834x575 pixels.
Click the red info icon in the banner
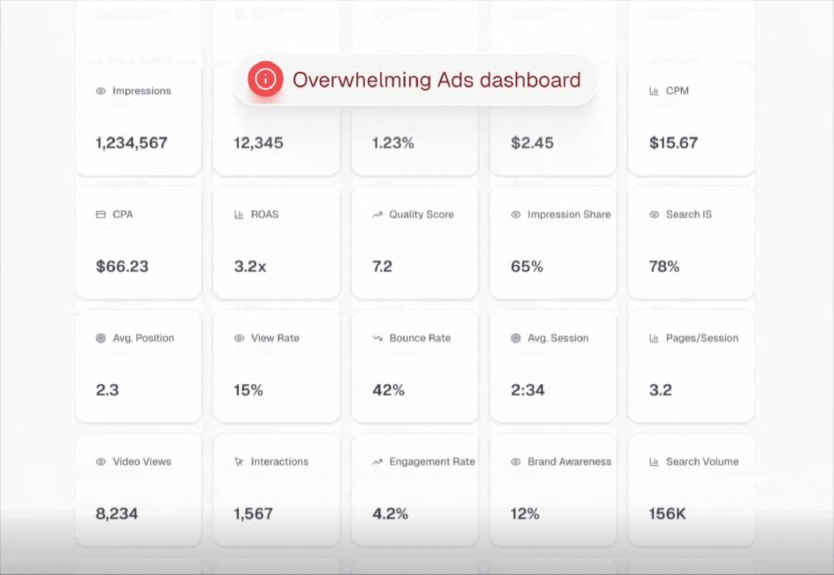pos(265,79)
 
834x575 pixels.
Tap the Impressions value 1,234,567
pos(131,143)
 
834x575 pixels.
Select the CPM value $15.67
pos(673,143)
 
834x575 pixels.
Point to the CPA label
pos(123,214)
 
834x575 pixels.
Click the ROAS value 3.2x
pos(250,267)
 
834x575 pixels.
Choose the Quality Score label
pos(421,214)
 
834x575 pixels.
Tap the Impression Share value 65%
pos(526,267)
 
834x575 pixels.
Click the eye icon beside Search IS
pos(654,214)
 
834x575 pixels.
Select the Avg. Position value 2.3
pos(107,390)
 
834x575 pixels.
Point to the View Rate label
pos(275,338)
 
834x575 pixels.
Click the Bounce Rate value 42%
pos(388,390)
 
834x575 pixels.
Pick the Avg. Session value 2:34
pos(527,390)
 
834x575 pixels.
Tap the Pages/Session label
pos(702,338)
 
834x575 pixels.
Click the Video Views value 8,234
pos(117,514)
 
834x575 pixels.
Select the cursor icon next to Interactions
pos(239,461)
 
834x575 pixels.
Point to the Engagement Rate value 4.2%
pos(390,514)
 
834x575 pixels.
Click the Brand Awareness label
pos(569,461)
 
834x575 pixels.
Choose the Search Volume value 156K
pos(667,514)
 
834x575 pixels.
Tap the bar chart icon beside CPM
pos(654,90)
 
